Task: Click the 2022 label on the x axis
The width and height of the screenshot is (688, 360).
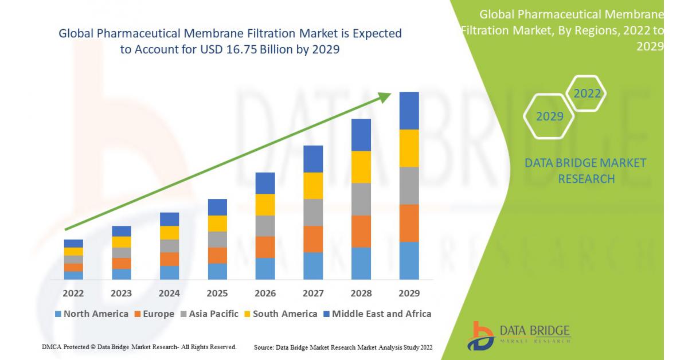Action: [73, 294]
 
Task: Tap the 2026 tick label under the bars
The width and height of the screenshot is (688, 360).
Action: [265, 294]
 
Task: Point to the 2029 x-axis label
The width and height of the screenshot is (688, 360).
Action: [408, 294]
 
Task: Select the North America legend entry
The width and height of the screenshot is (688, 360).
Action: [92, 314]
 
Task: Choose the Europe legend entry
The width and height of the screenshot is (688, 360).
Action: [155, 314]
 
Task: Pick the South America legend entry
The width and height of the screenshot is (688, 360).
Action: [280, 314]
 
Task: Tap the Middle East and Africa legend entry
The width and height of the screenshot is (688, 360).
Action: [377, 314]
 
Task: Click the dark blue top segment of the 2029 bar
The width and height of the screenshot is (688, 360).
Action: [409, 111]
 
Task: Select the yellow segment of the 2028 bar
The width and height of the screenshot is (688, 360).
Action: [361, 167]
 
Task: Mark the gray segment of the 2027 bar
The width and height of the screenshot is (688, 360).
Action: [313, 212]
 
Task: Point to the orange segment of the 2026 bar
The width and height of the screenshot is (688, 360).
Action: [265, 247]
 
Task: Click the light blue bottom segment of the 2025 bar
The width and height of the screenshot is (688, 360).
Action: [217, 272]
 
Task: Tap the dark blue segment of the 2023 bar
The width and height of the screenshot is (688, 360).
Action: [122, 231]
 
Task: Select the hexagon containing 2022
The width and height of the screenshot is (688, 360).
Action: [587, 93]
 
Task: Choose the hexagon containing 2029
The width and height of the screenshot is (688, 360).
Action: [549, 116]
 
